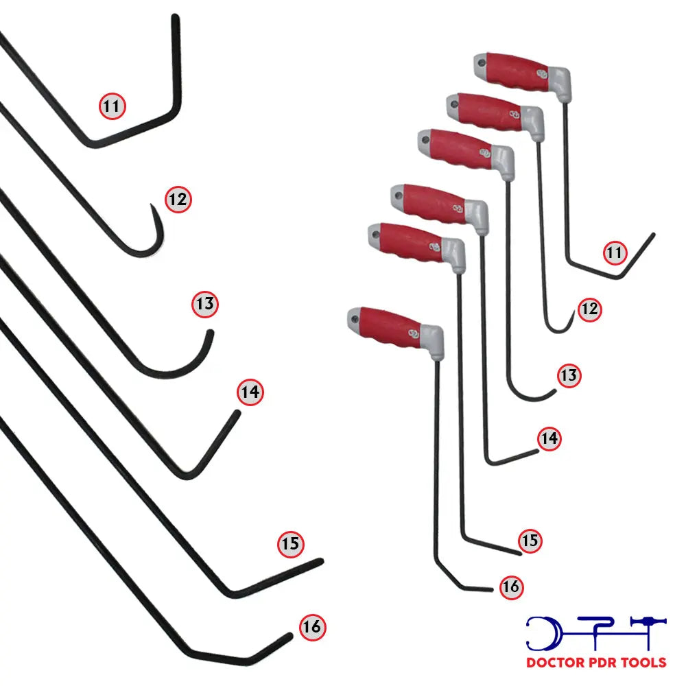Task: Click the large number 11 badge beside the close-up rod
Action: pyautogui.click(x=113, y=106)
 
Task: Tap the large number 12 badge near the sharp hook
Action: pyautogui.click(x=178, y=200)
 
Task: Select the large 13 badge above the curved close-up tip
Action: pyautogui.click(x=205, y=304)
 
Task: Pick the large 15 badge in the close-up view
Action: pyautogui.click(x=291, y=544)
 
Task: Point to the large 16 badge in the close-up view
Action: pyautogui.click(x=313, y=627)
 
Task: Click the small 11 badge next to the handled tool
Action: pyautogui.click(x=615, y=252)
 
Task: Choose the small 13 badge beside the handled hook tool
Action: pyautogui.click(x=569, y=375)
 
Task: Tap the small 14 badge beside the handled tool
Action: pyautogui.click(x=549, y=438)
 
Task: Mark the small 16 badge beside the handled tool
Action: pyautogui.click(x=512, y=587)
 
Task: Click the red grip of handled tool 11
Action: pyautogui.click(x=517, y=72)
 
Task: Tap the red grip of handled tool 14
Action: pyautogui.click(x=433, y=204)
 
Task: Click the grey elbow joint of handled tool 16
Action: pyautogui.click(x=431, y=341)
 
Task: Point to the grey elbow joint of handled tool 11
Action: pyautogui.click(x=560, y=83)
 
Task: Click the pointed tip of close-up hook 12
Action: pyautogui.click(x=152, y=204)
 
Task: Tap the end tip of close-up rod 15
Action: pyautogui.click(x=321, y=561)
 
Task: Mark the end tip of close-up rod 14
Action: pyautogui.click(x=238, y=412)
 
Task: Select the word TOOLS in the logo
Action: pyautogui.click(x=644, y=663)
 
